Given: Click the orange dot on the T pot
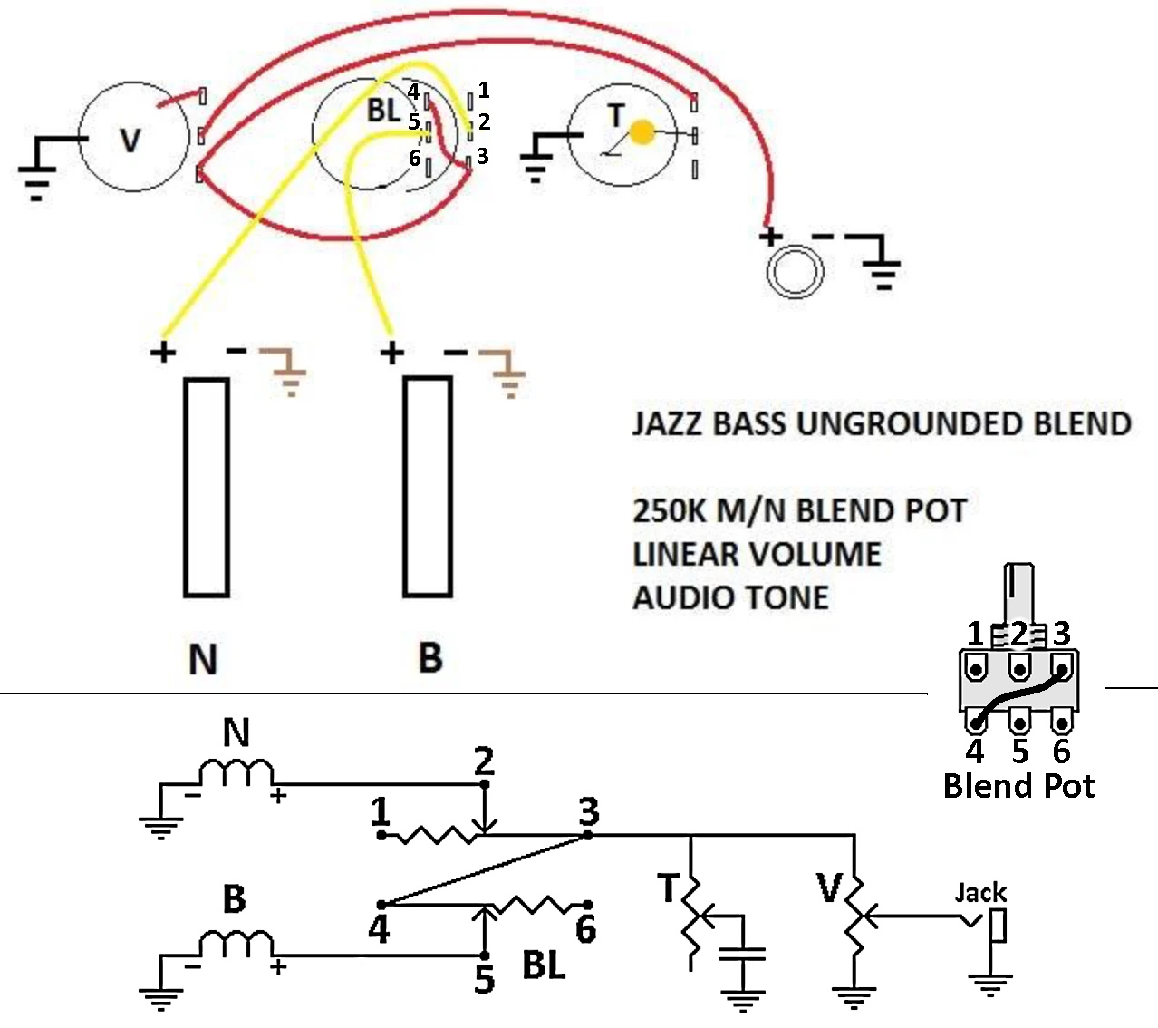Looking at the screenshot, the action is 642,132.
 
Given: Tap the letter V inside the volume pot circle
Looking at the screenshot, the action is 130,141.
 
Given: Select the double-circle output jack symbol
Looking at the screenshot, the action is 795,271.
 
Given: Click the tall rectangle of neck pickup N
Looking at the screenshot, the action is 207,487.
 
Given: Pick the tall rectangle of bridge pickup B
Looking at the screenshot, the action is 428,487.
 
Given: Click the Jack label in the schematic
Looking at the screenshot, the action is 980,893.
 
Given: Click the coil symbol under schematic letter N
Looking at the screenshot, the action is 236,772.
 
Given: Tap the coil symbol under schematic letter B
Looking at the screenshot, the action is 236,944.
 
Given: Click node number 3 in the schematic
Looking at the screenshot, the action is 589,810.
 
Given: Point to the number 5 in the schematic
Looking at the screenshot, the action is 484,979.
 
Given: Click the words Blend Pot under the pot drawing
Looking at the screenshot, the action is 1018,786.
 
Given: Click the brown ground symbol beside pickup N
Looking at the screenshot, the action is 283,371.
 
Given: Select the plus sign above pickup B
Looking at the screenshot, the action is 392,353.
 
